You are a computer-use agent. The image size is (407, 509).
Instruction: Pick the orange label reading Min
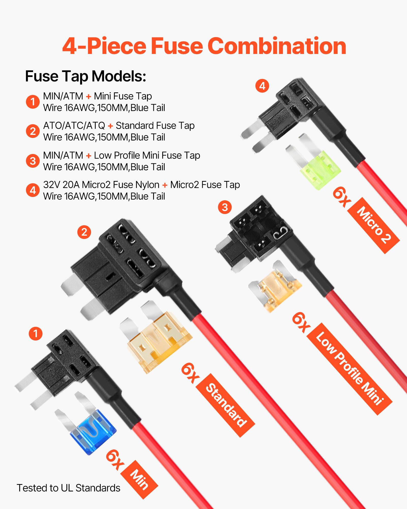(139, 479)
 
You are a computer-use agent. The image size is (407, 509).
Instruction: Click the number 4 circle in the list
(33, 190)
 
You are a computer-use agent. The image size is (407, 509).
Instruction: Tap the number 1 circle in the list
(33, 102)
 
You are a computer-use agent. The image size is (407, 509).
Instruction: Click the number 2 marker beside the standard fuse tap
(84, 232)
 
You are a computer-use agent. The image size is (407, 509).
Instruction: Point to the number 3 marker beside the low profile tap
(225, 207)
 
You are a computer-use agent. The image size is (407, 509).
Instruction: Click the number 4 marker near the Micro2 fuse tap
(262, 86)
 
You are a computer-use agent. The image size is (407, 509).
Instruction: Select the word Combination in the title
(277, 46)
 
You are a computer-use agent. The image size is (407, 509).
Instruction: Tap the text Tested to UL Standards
(68, 488)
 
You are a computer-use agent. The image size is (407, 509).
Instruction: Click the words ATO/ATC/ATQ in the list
(74, 125)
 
